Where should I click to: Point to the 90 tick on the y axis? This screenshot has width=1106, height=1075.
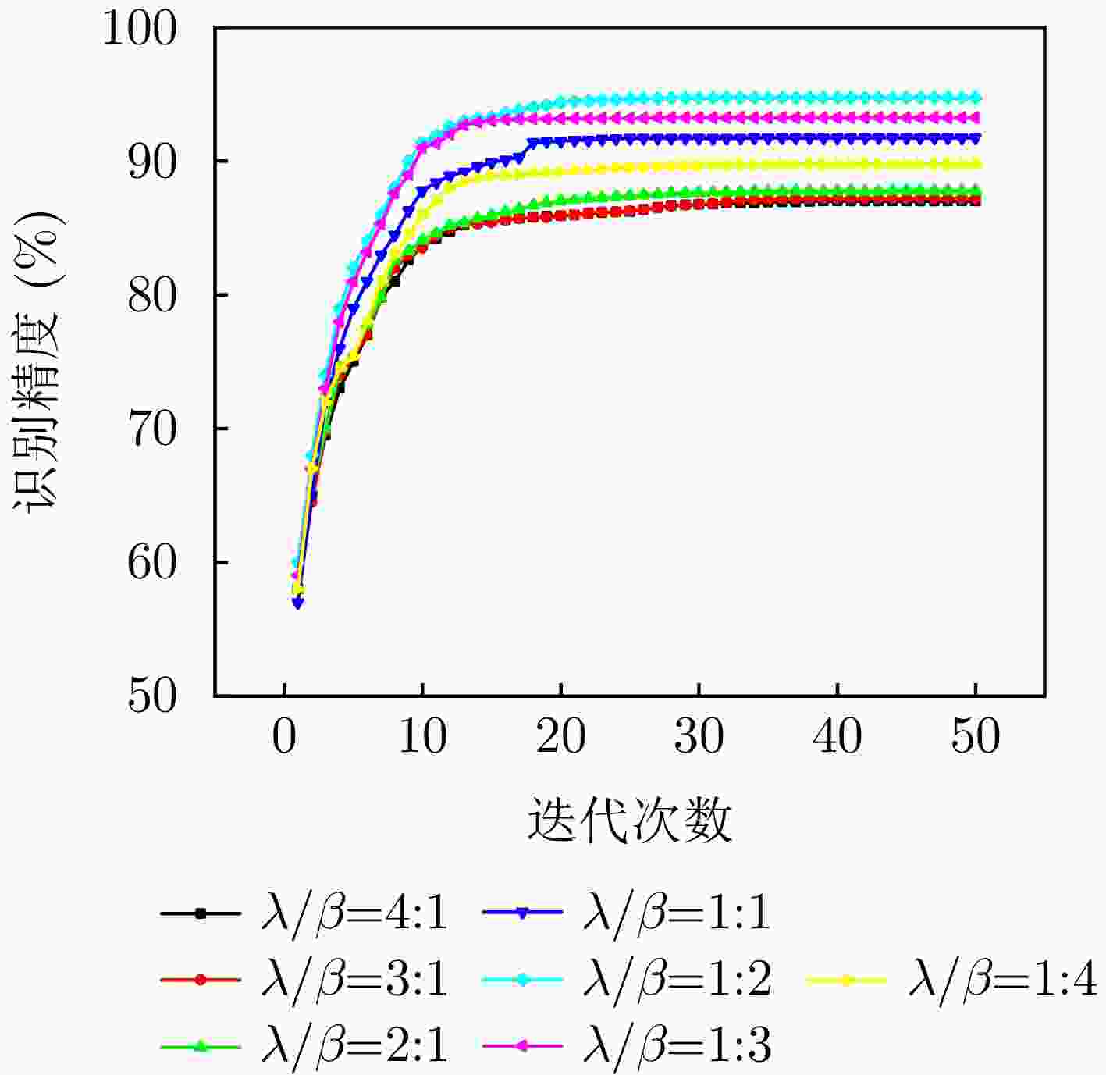pyautogui.click(x=153, y=161)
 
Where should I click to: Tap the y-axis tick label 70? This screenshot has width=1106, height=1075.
pyautogui.click(x=153, y=429)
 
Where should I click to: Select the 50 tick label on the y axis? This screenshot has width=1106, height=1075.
pyautogui.click(x=153, y=696)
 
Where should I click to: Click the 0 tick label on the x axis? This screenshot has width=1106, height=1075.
pyautogui.click(x=284, y=736)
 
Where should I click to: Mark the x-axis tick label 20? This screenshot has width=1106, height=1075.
pyautogui.click(x=560, y=736)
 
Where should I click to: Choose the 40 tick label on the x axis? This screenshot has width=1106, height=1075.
pyautogui.click(x=837, y=736)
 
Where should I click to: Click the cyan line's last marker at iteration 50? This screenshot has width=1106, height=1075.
pyautogui.click(x=975, y=98)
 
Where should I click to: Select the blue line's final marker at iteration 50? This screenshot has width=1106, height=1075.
pyautogui.click(x=975, y=138)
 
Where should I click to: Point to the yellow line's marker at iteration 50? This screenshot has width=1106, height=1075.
pyautogui.click(x=975, y=164)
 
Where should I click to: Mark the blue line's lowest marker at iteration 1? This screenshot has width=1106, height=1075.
pyautogui.click(x=298, y=603)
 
